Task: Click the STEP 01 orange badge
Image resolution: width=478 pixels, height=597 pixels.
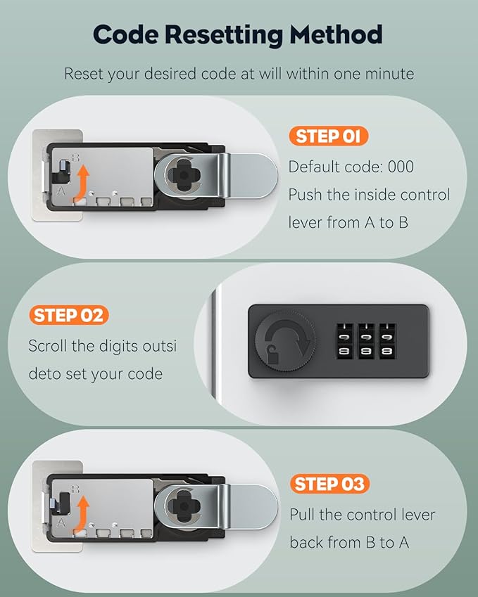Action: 328,136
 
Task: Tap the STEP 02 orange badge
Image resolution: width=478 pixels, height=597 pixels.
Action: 68,315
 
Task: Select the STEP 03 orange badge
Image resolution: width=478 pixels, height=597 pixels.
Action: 329,484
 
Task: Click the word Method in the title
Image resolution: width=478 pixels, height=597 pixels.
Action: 336,34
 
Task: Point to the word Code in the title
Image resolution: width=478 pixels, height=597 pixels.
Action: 126,34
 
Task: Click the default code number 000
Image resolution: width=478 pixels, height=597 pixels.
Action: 401,167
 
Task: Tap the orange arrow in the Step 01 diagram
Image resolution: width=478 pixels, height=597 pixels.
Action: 81,182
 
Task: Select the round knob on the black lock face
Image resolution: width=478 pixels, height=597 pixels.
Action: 284,340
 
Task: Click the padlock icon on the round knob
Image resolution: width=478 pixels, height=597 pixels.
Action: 272,354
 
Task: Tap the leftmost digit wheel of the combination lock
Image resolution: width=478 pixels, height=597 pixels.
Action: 345,341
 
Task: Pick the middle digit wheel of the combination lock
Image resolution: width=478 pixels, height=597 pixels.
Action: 366,341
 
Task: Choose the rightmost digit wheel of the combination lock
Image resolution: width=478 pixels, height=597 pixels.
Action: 387,341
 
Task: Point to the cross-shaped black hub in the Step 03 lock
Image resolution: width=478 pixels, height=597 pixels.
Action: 184,506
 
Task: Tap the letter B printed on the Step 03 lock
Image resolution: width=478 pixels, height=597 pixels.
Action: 75,489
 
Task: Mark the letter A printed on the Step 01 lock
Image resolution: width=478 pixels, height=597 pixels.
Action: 61,191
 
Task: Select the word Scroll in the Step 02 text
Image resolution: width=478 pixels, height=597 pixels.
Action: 48,346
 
